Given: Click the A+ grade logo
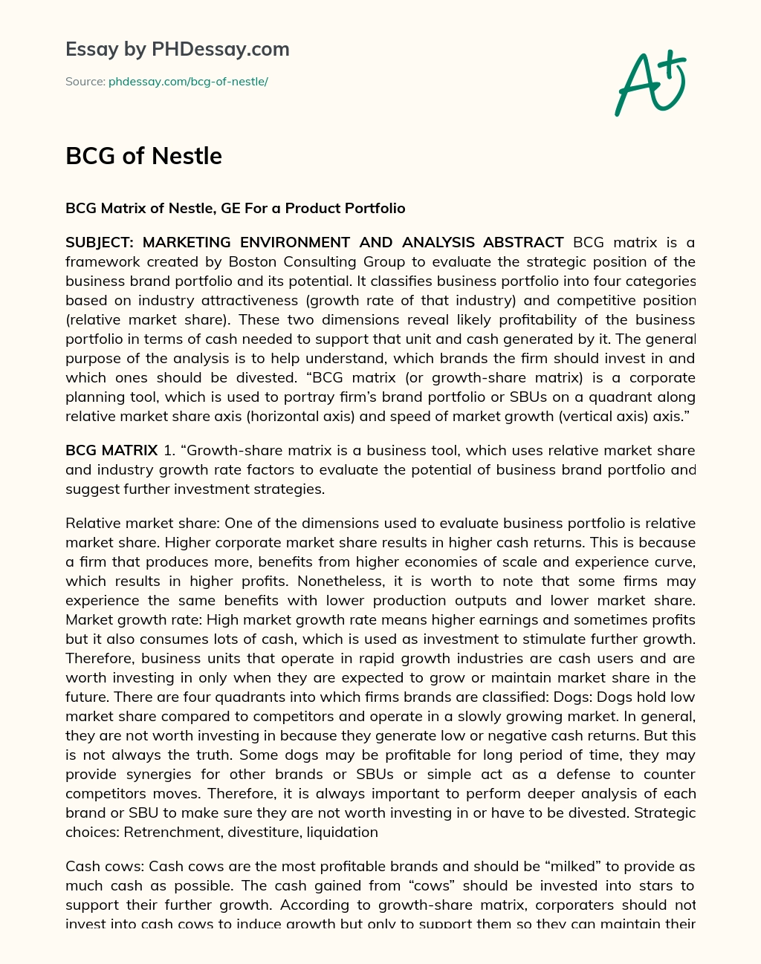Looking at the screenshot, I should click(x=650, y=83).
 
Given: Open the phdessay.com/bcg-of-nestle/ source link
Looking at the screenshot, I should click(x=188, y=82).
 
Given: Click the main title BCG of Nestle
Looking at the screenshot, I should click(x=143, y=156).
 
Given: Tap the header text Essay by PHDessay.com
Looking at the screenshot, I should click(x=177, y=49).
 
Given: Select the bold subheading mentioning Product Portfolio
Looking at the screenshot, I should click(x=235, y=208).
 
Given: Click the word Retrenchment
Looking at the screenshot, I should click(x=169, y=832).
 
